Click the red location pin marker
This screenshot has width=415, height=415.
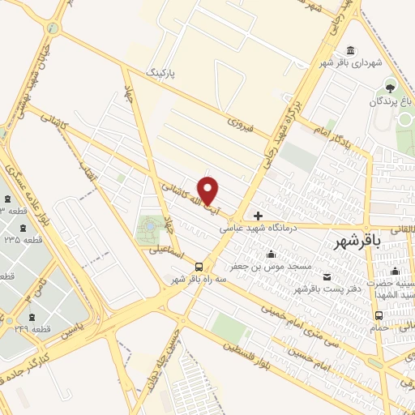click(208, 190)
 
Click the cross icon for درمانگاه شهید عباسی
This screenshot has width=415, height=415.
click(258, 216)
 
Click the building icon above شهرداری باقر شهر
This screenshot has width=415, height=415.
click(349, 50)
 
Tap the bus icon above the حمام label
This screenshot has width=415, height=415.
click(378, 315)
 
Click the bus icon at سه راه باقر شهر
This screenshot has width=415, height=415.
click(199, 266)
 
